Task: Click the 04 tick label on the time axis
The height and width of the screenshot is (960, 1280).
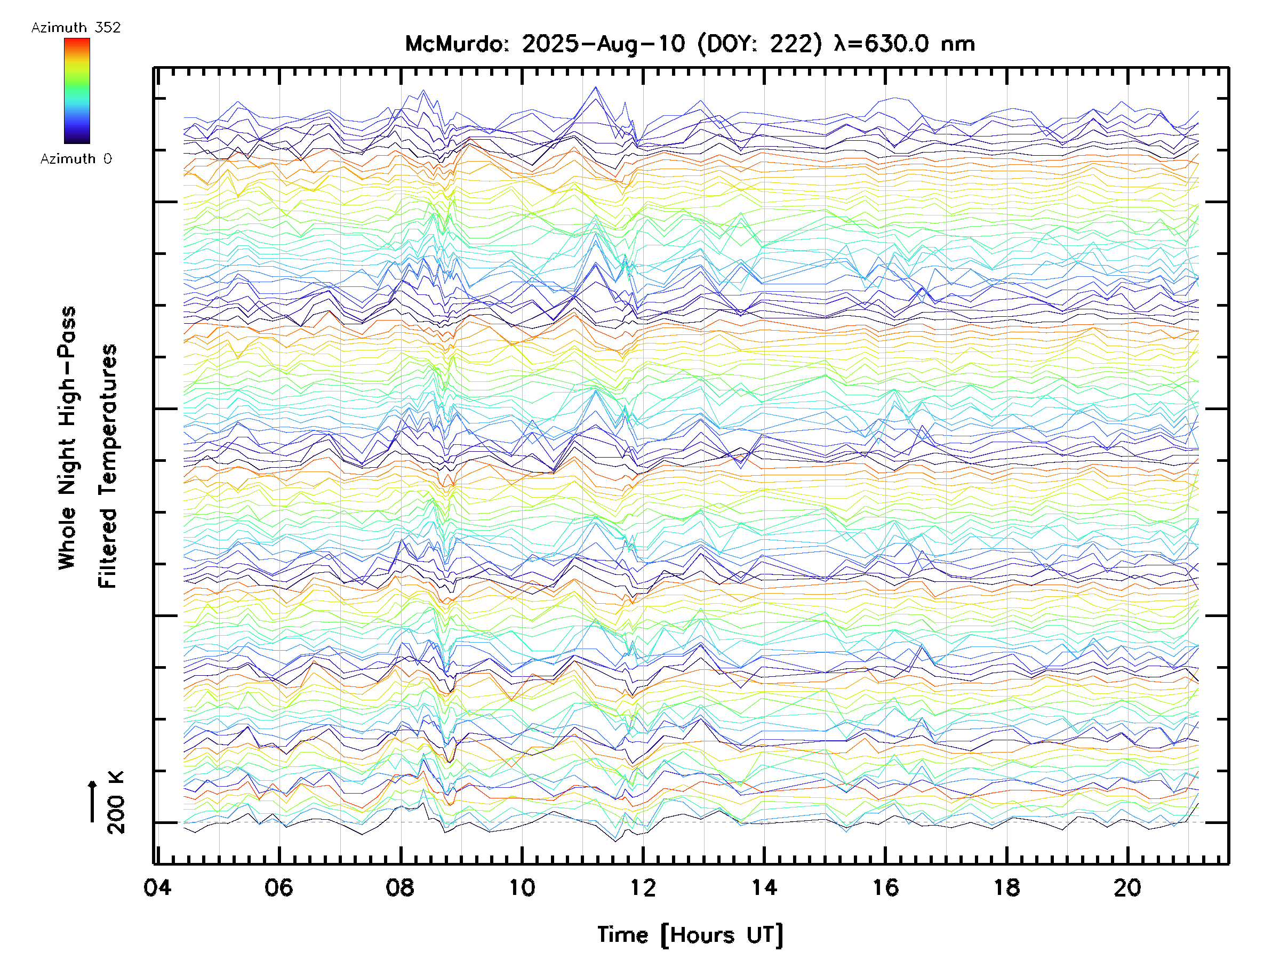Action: (157, 887)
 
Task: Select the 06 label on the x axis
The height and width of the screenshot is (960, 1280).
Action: (279, 887)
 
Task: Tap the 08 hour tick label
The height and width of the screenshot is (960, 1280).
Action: (401, 887)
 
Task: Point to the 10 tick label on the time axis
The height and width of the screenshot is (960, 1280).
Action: (522, 887)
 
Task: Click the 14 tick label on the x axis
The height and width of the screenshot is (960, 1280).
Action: (764, 887)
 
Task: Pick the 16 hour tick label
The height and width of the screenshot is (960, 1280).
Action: (885, 887)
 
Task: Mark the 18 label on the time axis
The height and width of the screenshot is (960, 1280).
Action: (1007, 887)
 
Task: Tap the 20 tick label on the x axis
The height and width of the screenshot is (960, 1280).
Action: (1128, 887)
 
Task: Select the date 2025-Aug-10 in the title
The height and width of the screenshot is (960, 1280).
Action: (604, 44)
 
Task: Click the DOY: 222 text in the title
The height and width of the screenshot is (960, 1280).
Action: (760, 44)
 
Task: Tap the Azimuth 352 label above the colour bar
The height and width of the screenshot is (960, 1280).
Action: (76, 28)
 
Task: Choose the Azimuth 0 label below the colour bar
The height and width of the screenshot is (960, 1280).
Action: (76, 158)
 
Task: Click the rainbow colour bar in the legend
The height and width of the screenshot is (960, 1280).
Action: (77, 91)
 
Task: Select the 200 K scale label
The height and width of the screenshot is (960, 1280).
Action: (116, 803)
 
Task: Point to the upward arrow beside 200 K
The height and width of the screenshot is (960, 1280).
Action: (93, 801)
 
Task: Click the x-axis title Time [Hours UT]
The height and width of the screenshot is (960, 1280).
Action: (690, 935)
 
